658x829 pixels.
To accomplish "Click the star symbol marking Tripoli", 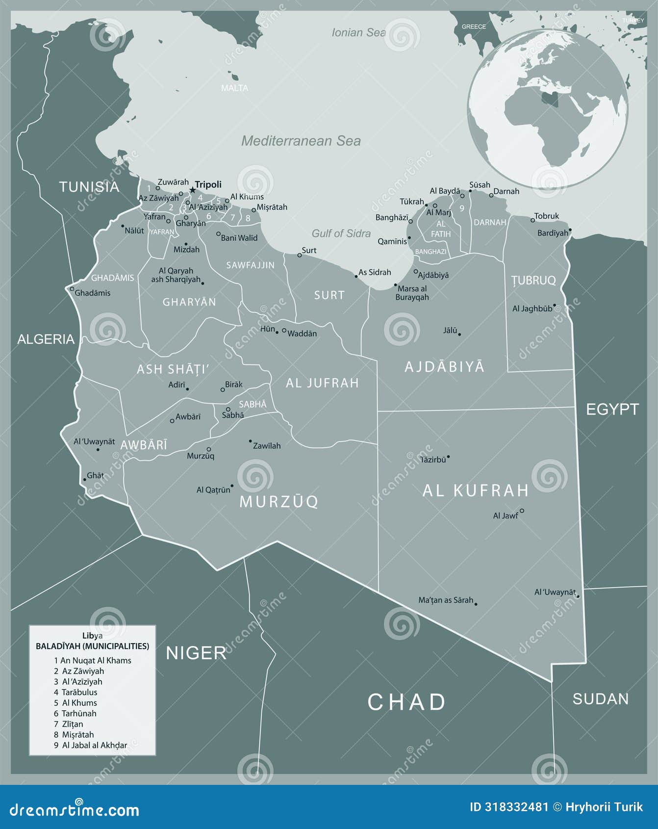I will coord(192,190).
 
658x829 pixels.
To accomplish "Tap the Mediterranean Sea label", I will coord(301,141).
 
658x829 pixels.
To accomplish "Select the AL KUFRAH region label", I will coord(476,490).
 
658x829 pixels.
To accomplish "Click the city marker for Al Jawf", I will coord(522,511).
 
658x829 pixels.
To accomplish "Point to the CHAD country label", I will coord(406,702).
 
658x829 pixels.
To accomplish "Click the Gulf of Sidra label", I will coord(341,233).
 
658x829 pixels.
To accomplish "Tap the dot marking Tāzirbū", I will coord(448,457).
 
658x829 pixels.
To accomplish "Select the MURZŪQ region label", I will coord(278,501).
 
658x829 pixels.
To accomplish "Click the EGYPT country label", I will coord(612,409).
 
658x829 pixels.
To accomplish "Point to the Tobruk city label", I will coord(546,216).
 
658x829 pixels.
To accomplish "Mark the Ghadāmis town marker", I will coord(72,288).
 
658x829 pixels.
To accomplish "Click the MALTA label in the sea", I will coord(234,88).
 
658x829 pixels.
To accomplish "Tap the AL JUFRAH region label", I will coord(322,383).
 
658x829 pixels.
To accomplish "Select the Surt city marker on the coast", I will coord(300,255).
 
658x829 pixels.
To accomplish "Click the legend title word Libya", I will coord(92,636).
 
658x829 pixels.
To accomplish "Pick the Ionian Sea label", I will coord(358,33).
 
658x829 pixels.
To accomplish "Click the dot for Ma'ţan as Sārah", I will coord(476,604).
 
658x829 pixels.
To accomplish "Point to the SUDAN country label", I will coord(600,699).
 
